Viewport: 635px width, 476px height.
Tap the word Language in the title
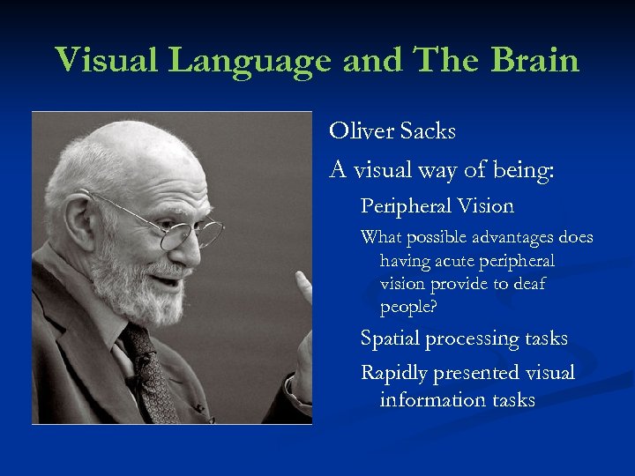(x=250, y=60)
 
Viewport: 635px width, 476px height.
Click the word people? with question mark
(x=409, y=307)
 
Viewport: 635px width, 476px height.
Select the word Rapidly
(x=394, y=373)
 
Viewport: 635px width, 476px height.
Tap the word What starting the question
(x=380, y=238)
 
